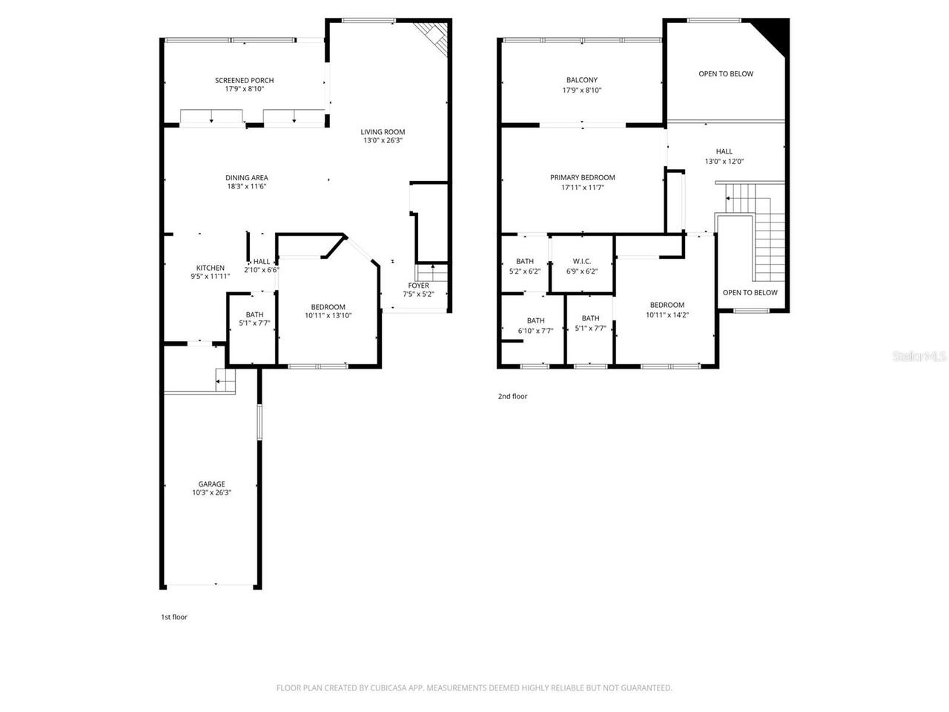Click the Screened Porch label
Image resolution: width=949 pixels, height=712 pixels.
[x=244, y=80]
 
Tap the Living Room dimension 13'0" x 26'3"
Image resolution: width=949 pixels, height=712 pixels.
[x=383, y=140]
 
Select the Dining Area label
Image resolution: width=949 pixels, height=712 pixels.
[x=247, y=177]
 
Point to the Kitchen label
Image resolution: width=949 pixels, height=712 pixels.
[x=210, y=268]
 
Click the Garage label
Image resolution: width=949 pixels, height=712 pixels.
[x=211, y=484]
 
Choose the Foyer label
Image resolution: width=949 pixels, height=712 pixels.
[x=418, y=286]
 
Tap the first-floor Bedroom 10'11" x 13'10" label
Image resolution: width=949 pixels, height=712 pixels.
[x=328, y=307]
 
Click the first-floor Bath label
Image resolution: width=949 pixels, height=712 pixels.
[x=254, y=314]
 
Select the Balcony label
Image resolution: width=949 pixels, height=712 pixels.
[x=581, y=80]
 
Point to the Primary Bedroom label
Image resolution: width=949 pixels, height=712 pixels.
[x=582, y=177]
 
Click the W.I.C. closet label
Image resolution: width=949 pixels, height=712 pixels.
[x=581, y=261]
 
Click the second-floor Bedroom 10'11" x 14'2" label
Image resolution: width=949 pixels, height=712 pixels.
[x=667, y=305]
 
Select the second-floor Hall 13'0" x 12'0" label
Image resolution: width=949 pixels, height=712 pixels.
[x=724, y=151]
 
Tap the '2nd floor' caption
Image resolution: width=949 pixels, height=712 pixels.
[x=512, y=397]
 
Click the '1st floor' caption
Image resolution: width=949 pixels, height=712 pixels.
[x=174, y=617]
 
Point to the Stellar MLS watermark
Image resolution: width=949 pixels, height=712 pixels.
[x=919, y=357]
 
